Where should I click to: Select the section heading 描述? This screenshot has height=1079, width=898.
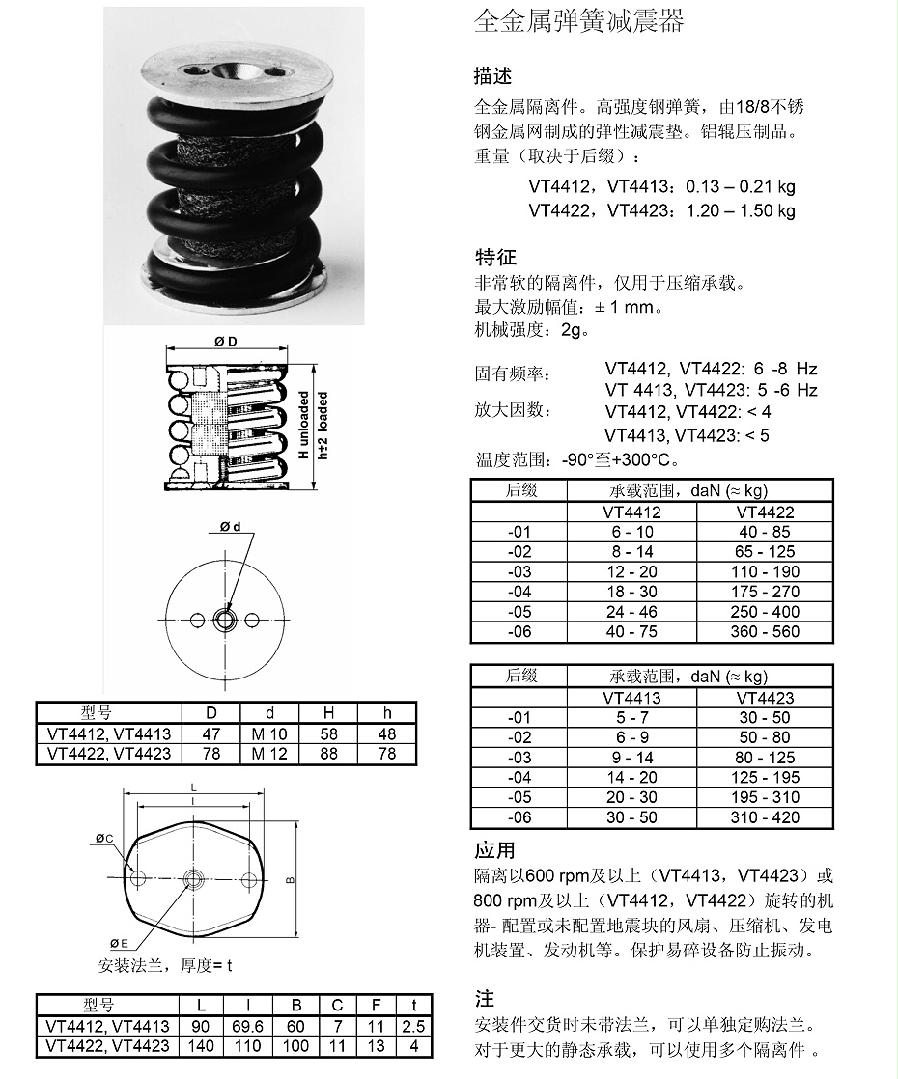tap(492, 75)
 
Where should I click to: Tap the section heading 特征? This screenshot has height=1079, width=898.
tap(495, 257)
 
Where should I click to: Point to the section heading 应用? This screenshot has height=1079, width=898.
tap(494, 850)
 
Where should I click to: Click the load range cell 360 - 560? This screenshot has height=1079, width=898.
tap(765, 632)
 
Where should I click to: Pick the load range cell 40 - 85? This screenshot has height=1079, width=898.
tap(765, 532)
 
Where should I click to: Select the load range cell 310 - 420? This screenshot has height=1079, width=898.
tap(765, 817)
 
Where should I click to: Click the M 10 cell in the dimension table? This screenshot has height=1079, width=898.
tap(269, 733)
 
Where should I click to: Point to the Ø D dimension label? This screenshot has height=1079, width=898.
tap(226, 343)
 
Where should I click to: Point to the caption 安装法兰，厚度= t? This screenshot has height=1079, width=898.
tap(165, 964)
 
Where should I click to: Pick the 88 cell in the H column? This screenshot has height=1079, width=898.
tap(329, 753)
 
